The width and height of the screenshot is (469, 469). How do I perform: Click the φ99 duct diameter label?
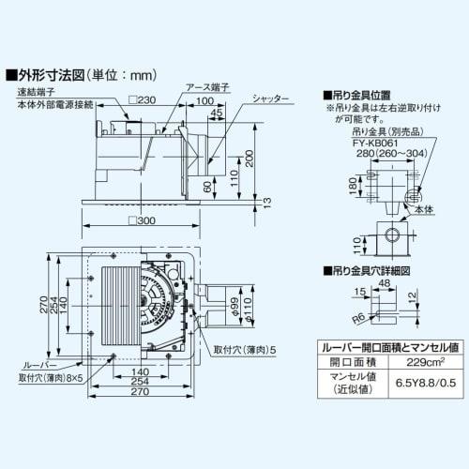click(231, 306)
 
